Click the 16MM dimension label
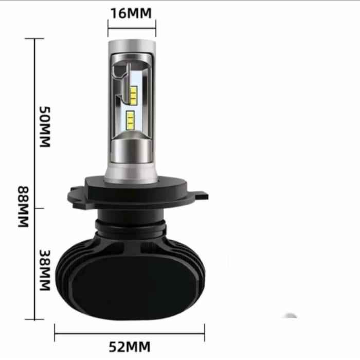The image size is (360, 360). (x=132, y=12)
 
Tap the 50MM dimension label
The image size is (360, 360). (x=46, y=127)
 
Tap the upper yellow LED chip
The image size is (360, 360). (x=132, y=95)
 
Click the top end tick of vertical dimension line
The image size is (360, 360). (x=34, y=39)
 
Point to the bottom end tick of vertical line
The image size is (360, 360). (x=34, y=319)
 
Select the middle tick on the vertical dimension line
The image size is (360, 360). (x=34, y=208)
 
